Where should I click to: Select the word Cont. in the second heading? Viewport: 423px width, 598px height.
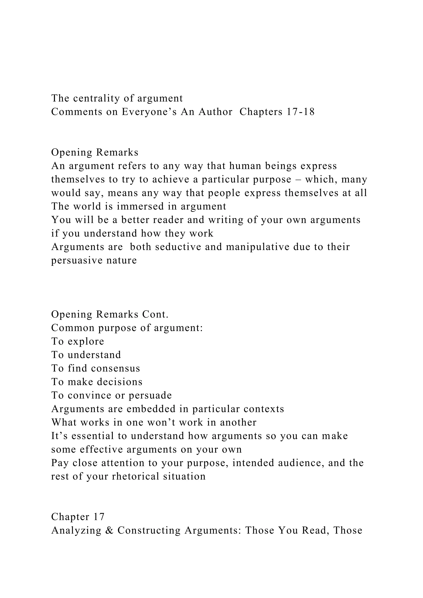[155, 315]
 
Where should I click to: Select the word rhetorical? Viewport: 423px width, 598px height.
[135, 477]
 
